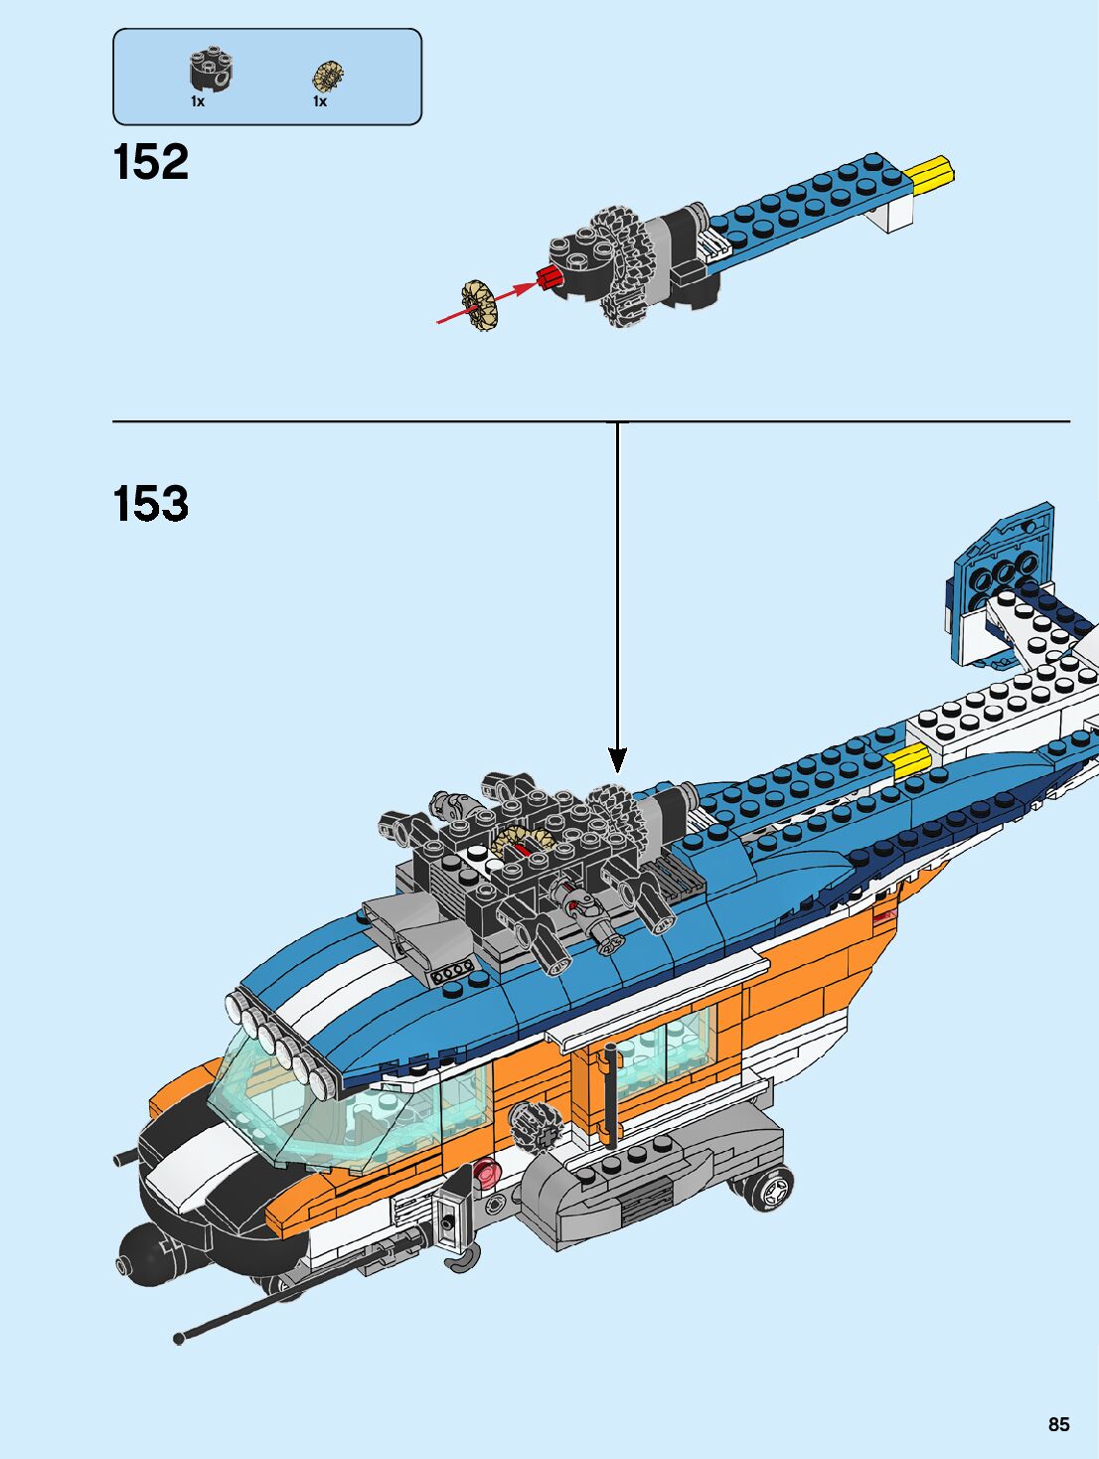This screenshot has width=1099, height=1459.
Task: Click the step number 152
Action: pyautogui.click(x=151, y=162)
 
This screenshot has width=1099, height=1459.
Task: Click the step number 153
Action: pyautogui.click(x=151, y=504)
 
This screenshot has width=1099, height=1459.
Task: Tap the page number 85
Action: pyautogui.click(x=1058, y=1424)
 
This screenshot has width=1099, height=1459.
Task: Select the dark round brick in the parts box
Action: pyautogui.click(x=212, y=69)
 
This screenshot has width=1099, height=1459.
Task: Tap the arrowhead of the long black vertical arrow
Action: pyautogui.click(x=618, y=760)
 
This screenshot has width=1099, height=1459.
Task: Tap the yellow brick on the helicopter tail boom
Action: pyautogui.click(x=907, y=760)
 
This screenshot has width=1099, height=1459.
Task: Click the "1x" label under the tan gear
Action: pyautogui.click(x=320, y=101)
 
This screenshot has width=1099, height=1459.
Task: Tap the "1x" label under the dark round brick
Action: pyautogui.click(x=198, y=101)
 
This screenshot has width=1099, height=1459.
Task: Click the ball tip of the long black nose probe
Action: pyautogui.click(x=179, y=1339)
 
